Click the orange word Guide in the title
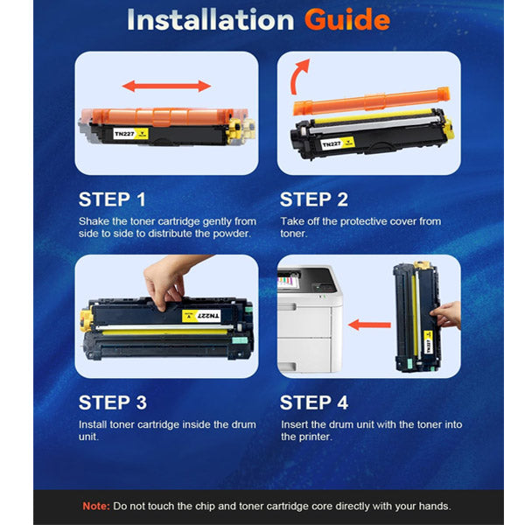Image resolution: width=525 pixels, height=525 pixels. coord(347,20)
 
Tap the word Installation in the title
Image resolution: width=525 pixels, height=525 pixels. coord(211,20)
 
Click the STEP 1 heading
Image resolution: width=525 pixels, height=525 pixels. coord(112,199)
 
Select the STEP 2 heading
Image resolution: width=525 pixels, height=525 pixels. coord(314,199)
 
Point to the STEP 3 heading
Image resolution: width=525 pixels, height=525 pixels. coord(113,402)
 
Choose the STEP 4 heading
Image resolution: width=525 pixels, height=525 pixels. coord(314,402)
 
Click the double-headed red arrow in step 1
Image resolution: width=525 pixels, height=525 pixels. coord(166,86)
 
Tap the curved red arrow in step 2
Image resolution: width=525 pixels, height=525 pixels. coord(299,76)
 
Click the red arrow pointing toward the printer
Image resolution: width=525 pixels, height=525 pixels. coord(369,325)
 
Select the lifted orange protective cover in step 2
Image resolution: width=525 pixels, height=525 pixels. coord(371,101)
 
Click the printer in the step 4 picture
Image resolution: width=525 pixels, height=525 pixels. coord(310,319)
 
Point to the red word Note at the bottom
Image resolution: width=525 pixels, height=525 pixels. coord(96,506)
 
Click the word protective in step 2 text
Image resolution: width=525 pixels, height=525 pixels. coord(364,221)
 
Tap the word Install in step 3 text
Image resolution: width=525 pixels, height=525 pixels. coord(93,424)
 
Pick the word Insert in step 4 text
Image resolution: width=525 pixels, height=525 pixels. coord(294,424)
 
